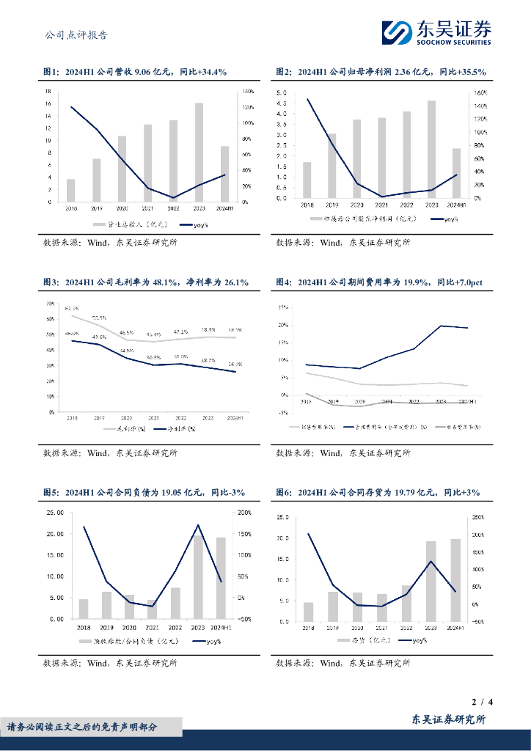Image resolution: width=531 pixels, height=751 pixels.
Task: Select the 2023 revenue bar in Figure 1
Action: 199,153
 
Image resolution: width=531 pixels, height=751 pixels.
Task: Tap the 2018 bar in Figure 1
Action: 70,191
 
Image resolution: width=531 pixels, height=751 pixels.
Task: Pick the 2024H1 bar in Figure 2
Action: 456,173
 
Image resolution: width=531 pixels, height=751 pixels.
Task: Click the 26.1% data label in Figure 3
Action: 235,364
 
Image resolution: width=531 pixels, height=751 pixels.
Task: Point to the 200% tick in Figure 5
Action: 245,513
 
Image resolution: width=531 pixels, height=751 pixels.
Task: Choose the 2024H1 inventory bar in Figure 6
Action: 456,580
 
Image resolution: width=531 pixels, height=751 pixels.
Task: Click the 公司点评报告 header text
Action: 76,34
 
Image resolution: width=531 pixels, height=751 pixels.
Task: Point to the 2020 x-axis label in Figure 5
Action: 130,627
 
